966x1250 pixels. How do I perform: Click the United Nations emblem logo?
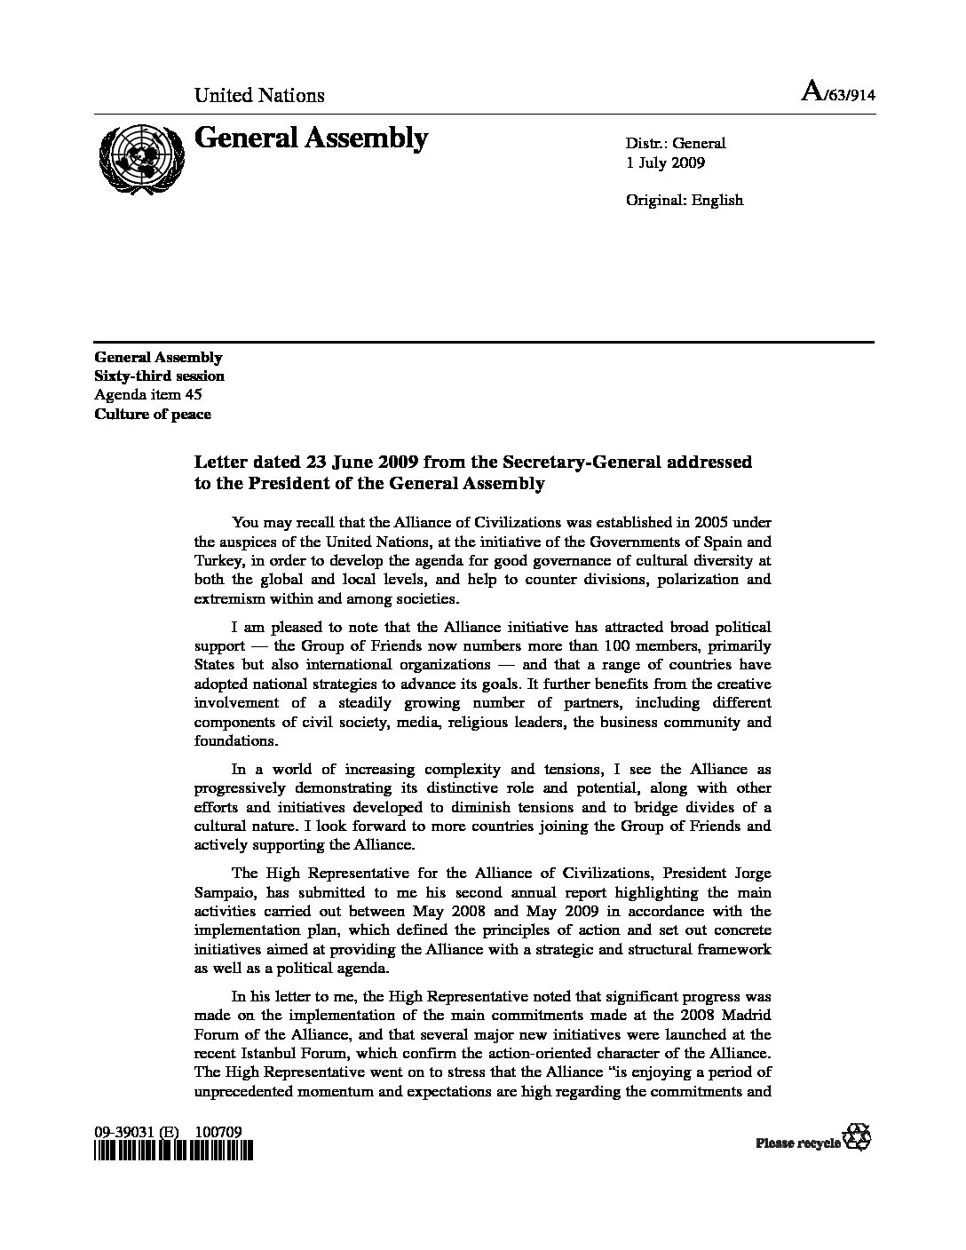(x=141, y=155)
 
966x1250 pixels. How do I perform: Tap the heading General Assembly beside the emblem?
(x=311, y=138)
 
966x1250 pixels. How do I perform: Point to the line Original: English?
(x=685, y=200)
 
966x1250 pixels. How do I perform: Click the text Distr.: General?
(x=676, y=143)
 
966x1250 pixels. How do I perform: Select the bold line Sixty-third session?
(x=159, y=376)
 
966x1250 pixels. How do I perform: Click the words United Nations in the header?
(x=259, y=95)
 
